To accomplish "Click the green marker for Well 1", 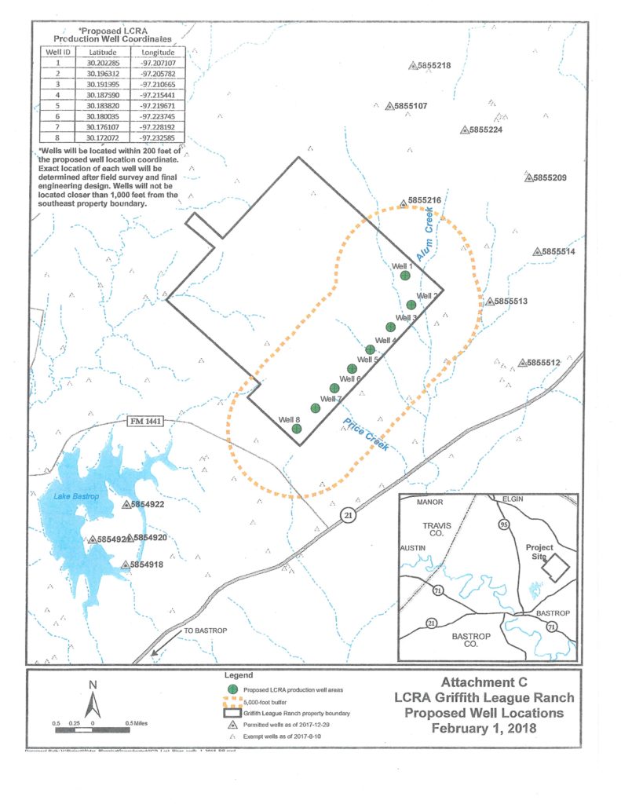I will pyautogui.click(x=405, y=276).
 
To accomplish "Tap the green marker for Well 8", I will pyautogui.click(x=296, y=429).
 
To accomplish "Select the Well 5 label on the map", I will pyautogui.click(x=369, y=360).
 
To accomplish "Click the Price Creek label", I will pyautogui.click(x=366, y=435).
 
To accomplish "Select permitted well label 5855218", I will pyautogui.click(x=433, y=65).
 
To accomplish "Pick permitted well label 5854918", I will pyautogui.click(x=146, y=565).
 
